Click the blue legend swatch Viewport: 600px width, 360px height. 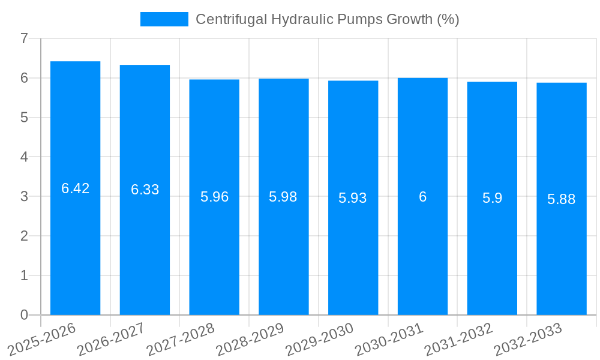click(164, 19)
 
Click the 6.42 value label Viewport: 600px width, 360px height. click(75, 188)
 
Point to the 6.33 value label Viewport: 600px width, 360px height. click(145, 190)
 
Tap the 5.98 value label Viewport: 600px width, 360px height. click(283, 197)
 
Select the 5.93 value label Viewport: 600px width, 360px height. click(353, 198)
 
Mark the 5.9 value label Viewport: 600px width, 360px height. click(492, 198)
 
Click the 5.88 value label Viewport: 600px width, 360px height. click(562, 199)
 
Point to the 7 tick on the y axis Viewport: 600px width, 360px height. click(24, 38)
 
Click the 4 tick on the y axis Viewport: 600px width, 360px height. click(24, 157)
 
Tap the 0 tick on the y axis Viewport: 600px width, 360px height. click(24, 315)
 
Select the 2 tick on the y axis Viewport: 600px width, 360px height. click(24, 236)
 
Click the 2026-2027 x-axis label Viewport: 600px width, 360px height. click(111, 339)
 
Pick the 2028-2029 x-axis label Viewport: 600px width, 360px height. click(250, 339)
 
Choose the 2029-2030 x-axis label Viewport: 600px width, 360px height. click(319, 339)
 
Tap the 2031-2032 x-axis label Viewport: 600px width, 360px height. click(458, 339)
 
